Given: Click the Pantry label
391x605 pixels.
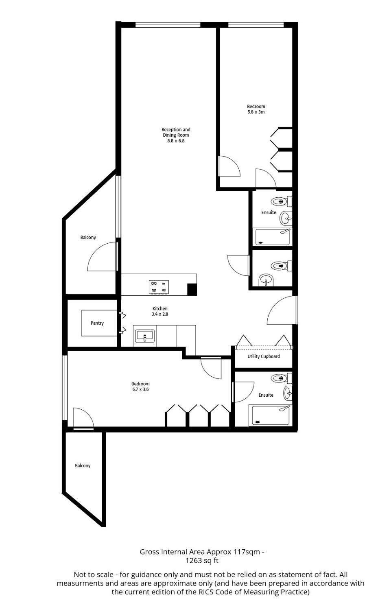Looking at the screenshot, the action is click(97, 323).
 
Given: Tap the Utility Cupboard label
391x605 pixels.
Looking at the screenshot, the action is click(264, 356).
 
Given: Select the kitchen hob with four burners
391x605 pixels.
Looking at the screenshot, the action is click(159, 287).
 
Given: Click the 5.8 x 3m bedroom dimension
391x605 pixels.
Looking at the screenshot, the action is click(256, 112).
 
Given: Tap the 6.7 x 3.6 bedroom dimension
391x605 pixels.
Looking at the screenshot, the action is click(140, 389).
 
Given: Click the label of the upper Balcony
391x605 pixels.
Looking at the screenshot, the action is click(88, 238).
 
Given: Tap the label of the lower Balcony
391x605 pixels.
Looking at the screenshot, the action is click(83, 465).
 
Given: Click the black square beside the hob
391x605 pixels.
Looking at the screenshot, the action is click(192, 289).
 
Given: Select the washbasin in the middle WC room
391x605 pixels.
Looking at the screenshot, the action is click(266, 280).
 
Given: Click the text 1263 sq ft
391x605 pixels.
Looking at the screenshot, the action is click(202, 560).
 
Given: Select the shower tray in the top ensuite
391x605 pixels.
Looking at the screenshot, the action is click(271, 237).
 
